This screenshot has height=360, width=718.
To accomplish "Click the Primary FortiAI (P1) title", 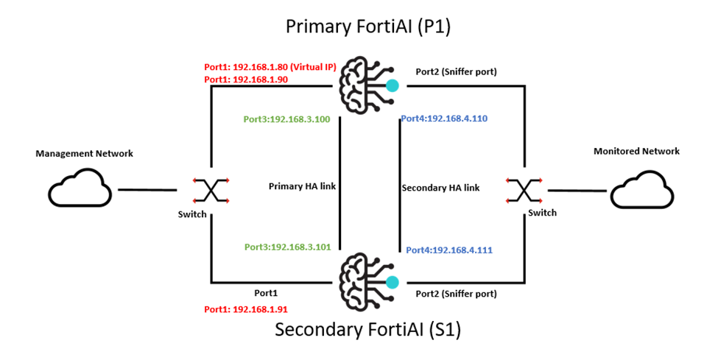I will click(368, 28).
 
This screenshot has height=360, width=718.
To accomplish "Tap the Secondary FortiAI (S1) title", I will click(367, 330).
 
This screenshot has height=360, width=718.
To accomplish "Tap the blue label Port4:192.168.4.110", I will click(444, 118).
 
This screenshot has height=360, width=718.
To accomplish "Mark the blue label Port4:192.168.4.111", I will click(449, 250).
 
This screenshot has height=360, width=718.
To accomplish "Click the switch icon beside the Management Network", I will click(210, 190).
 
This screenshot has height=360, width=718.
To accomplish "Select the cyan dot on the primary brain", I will click(393, 86).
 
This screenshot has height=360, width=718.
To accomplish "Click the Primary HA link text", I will click(302, 187).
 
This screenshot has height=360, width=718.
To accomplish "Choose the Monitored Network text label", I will click(636, 151).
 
